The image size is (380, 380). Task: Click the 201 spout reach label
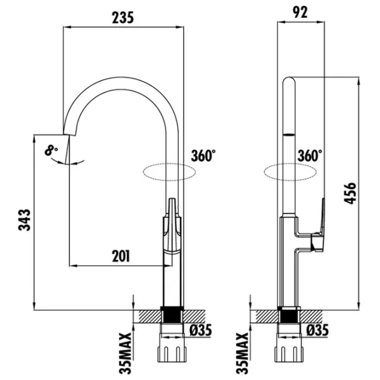click(121, 256)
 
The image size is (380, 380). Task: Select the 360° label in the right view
click(310, 155)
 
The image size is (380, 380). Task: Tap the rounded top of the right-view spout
click(289, 81)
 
